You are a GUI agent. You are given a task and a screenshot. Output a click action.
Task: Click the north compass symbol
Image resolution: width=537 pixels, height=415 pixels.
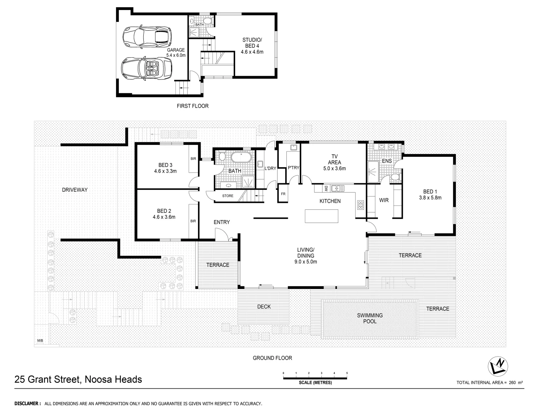click(x=499, y=367)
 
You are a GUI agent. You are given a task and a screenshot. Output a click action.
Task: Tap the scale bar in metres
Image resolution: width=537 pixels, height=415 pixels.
click(x=315, y=378)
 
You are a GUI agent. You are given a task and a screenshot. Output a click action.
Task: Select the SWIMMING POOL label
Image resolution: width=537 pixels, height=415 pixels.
click(x=370, y=318)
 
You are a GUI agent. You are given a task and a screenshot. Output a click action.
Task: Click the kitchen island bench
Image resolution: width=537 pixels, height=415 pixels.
click(x=322, y=216)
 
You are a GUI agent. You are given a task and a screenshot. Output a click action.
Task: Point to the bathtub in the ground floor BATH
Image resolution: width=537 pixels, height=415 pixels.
click(x=241, y=158)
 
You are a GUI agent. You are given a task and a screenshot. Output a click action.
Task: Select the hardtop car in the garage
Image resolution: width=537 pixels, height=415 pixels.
click(x=146, y=37)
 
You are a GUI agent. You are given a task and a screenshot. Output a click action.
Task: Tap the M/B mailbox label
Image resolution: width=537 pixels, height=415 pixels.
click(x=40, y=341)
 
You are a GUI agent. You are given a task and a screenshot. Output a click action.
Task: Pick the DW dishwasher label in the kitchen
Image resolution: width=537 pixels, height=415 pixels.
click(x=326, y=188)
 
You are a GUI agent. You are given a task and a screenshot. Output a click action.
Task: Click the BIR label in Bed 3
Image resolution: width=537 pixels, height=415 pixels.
click(x=193, y=158)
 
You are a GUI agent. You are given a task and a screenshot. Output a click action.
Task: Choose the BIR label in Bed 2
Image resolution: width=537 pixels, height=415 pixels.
click(x=193, y=221)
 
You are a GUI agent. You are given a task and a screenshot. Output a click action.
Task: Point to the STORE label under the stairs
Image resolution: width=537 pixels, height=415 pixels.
click(x=228, y=196)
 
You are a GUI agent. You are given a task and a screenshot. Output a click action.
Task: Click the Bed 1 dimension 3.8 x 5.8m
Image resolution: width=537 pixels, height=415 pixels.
click(x=430, y=198)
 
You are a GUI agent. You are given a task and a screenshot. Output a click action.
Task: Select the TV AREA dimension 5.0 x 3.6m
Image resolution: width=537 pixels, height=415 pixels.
click(x=334, y=168)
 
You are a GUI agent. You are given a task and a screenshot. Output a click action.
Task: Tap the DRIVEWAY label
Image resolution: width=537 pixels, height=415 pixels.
click(x=75, y=190)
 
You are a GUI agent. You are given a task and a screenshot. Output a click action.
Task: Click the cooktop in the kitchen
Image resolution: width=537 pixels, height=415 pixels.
click(x=361, y=205)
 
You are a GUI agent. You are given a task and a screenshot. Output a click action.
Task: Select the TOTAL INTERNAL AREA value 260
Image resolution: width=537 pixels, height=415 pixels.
click(x=512, y=383)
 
